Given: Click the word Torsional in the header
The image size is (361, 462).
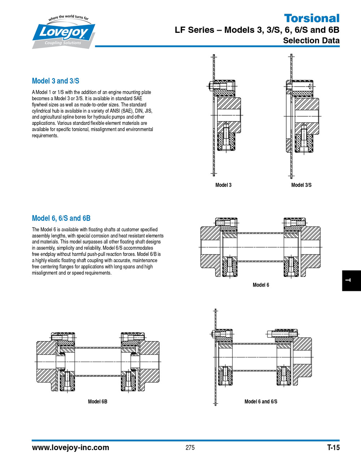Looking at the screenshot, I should pos(312,18).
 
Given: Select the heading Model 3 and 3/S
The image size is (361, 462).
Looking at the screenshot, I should pos(56,81).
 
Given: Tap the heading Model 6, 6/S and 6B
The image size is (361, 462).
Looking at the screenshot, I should pos(61,218).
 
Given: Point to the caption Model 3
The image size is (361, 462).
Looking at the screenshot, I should pos(223,185).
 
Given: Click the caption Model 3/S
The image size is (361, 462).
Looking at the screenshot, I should pos(301,185).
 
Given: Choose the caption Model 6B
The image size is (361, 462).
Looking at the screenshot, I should pos(97,401).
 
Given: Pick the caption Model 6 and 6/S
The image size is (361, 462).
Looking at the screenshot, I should pos(261,401).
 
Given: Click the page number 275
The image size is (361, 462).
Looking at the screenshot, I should pos(190,448).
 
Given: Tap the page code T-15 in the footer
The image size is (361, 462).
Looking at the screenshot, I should pos(333,448).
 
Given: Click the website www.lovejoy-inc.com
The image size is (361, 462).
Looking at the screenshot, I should pos(71,448).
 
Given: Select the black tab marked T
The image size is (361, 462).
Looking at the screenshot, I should pos(351,280).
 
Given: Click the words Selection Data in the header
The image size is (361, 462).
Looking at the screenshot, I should pos(311,40).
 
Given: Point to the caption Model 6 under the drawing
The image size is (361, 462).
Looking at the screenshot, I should pos(261,285).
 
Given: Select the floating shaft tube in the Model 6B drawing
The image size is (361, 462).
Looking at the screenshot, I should pos(97,361).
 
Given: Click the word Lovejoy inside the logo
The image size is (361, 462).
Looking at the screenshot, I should pos(64,32).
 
